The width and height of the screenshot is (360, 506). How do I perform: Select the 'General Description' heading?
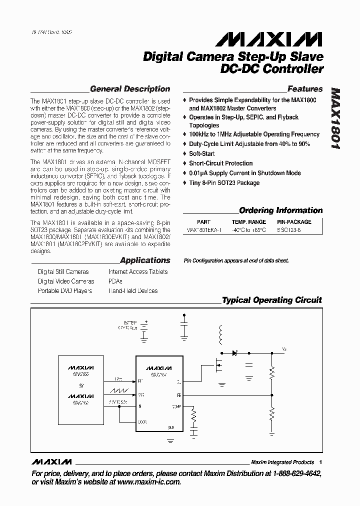tap(130, 89)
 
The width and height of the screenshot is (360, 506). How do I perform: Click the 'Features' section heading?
tap(305, 89)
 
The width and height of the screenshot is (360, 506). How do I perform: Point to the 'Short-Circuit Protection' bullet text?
tap(220, 163)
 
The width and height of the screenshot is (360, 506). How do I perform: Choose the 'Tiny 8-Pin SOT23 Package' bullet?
tap(224, 182)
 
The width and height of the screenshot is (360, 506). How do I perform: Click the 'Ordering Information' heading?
tap(280, 210)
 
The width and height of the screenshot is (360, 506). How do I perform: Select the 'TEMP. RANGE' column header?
tap(248, 221)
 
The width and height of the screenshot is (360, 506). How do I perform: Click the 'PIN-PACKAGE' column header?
tap(294, 221)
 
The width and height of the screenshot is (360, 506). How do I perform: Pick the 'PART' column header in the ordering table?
tap(204, 221)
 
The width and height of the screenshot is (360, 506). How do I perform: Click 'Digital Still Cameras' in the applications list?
tap(63, 272)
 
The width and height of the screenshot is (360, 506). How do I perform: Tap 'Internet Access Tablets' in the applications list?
tap(138, 272)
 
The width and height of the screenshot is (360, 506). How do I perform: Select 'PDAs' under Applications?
tap(115, 281)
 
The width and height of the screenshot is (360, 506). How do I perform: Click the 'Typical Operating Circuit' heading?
tap(271, 300)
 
